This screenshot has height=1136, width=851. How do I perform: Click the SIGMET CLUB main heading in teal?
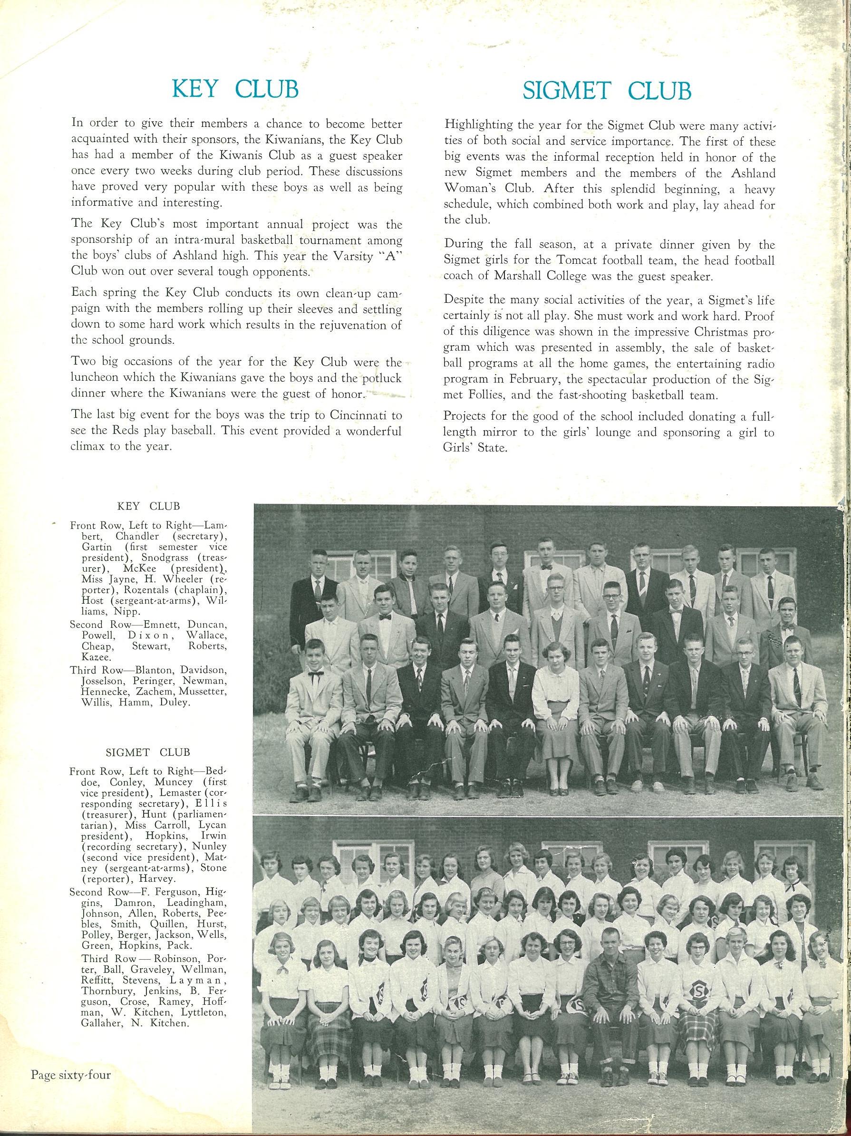(607, 91)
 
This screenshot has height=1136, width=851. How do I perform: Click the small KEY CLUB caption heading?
(148, 506)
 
